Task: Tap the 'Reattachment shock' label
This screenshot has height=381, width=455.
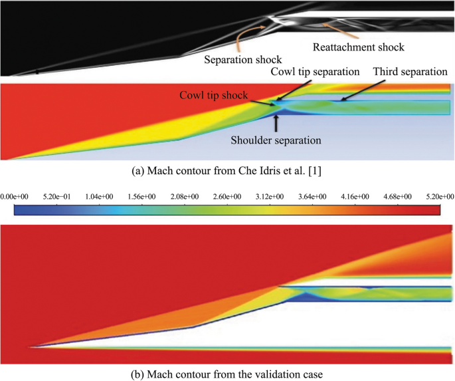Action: [x=358, y=47]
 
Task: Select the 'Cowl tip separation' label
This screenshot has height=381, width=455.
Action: [x=315, y=71]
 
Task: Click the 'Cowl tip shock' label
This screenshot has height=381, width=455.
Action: [x=213, y=95]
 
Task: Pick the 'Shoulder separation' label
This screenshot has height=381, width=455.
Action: [x=276, y=140]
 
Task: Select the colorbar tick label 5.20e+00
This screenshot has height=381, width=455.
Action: [x=440, y=196]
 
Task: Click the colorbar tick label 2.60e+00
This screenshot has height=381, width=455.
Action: [x=227, y=196]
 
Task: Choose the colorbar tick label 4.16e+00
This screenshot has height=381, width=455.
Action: [x=355, y=196]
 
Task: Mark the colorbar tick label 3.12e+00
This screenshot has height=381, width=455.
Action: [x=270, y=196]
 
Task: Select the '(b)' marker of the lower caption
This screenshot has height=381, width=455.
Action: [x=138, y=374]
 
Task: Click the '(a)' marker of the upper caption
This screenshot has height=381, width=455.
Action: [x=139, y=171]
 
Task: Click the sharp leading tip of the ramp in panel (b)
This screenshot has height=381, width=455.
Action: [x=29, y=346]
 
